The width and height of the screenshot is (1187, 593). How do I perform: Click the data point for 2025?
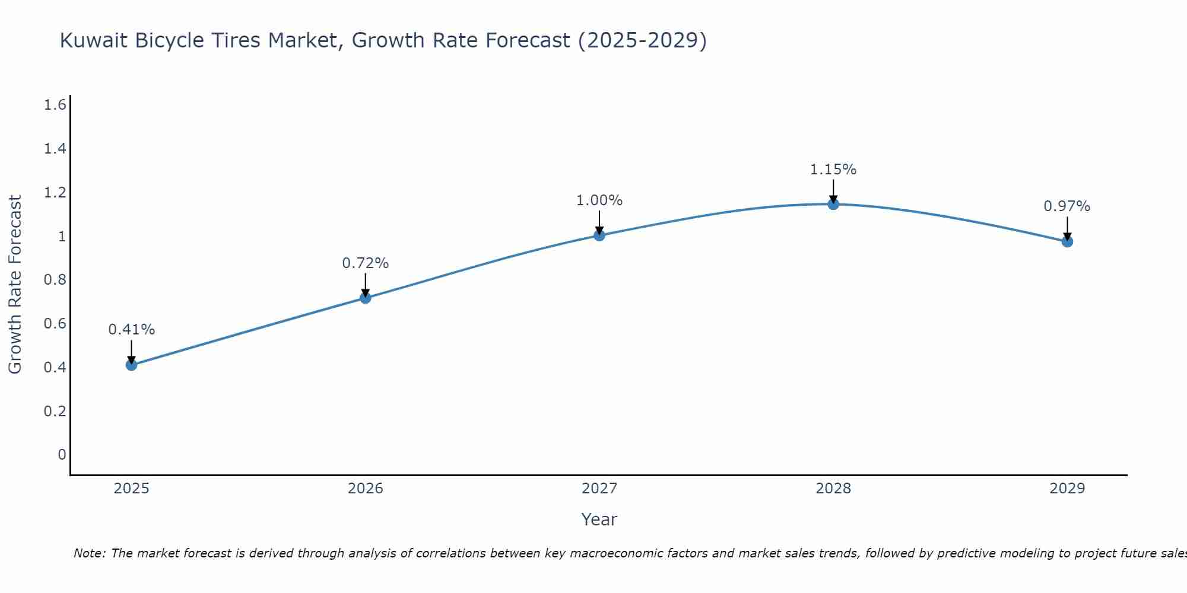[x=132, y=365]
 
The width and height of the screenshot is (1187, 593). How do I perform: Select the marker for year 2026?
[x=366, y=298]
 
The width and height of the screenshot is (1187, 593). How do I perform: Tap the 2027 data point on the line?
[x=599, y=235]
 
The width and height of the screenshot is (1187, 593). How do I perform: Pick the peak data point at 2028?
[x=833, y=204]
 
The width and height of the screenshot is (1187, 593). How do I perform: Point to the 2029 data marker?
[x=1067, y=241]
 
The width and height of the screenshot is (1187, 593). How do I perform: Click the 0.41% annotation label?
[x=132, y=330]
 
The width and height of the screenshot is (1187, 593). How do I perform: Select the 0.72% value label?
[x=366, y=263]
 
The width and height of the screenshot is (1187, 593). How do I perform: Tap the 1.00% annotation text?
[x=599, y=200]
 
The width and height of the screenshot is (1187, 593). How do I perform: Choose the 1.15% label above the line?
[x=833, y=170]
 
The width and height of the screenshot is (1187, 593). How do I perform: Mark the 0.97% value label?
[x=1067, y=206]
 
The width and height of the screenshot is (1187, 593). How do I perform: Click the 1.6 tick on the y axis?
[x=55, y=105]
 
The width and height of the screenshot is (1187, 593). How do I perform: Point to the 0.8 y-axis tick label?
[x=55, y=280]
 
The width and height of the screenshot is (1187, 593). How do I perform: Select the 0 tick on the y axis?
[x=62, y=455]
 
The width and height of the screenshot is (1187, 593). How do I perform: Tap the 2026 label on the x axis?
[x=366, y=489]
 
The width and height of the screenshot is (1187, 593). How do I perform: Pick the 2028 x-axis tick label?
[x=833, y=489]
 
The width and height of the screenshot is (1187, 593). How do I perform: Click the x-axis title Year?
[x=599, y=519]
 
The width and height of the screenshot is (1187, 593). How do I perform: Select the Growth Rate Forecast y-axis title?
[x=15, y=285]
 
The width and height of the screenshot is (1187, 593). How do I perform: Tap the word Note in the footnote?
[x=89, y=553]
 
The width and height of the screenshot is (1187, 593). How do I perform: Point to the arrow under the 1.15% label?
[x=833, y=191]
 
